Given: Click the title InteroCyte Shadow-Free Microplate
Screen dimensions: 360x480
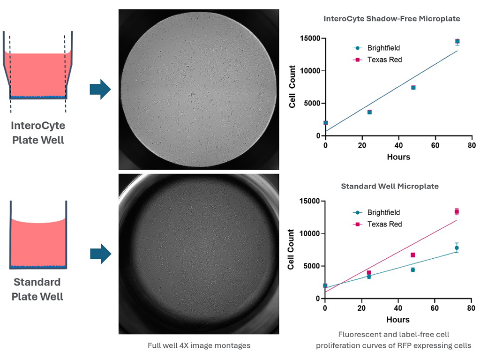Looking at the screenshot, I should point(391,19).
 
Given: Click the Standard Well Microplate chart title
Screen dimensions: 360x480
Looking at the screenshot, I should point(390,186).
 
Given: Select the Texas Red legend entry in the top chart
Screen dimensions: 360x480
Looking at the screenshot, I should point(384,60).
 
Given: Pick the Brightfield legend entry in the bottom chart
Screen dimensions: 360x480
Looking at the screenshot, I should point(384,212).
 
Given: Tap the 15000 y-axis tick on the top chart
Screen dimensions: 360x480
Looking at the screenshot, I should point(310,38).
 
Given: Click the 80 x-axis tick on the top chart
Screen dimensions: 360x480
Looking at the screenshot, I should point(471,145).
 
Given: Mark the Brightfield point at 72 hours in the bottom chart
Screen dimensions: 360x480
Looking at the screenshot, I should point(457,247).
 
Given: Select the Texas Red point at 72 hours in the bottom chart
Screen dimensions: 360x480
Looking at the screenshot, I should point(457,211).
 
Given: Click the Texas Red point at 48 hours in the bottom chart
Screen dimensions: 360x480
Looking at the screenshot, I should point(413,255).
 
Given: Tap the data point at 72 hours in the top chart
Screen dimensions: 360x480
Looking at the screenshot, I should point(457,42).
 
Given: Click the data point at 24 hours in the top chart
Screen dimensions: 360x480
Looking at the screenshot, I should point(369,112).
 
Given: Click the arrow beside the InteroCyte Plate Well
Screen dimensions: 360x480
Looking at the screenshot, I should point(100,89).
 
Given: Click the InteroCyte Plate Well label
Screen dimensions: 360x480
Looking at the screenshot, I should point(38,133).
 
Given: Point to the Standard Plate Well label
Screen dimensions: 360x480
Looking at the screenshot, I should point(37,289).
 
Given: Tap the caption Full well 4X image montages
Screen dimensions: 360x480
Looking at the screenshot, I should point(199,345).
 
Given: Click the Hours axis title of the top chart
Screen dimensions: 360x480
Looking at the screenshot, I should point(398,157).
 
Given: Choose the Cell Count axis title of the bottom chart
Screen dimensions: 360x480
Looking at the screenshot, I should point(291,249).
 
